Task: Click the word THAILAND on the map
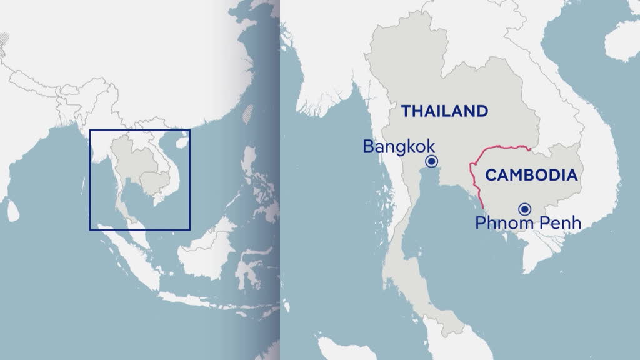pyautogui.click(x=444, y=111)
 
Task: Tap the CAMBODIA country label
pyautogui.click(x=531, y=175)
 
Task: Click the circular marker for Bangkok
pyautogui.click(x=431, y=161)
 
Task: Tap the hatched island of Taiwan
pyautogui.click(x=249, y=113)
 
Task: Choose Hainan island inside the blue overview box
pyautogui.click(x=181, y=142)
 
